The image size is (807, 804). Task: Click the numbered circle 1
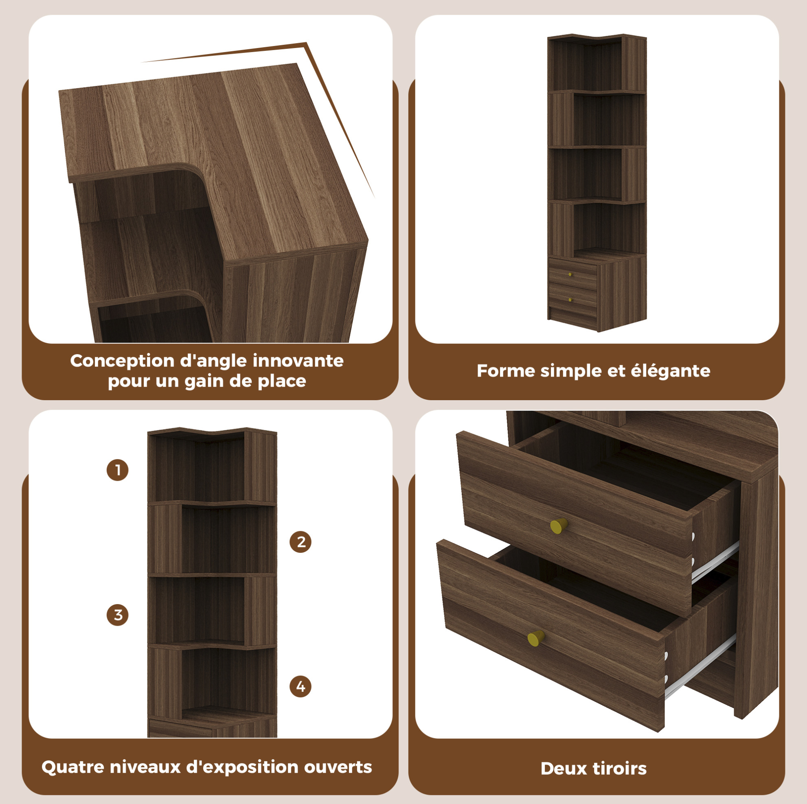117,470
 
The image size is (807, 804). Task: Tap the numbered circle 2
300,542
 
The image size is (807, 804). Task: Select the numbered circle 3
117,615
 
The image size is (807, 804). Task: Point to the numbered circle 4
300,687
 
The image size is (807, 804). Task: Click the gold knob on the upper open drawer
559,525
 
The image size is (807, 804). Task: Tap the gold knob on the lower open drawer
536,638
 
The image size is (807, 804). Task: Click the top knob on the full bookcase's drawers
570,274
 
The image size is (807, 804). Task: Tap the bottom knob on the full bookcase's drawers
570,300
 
